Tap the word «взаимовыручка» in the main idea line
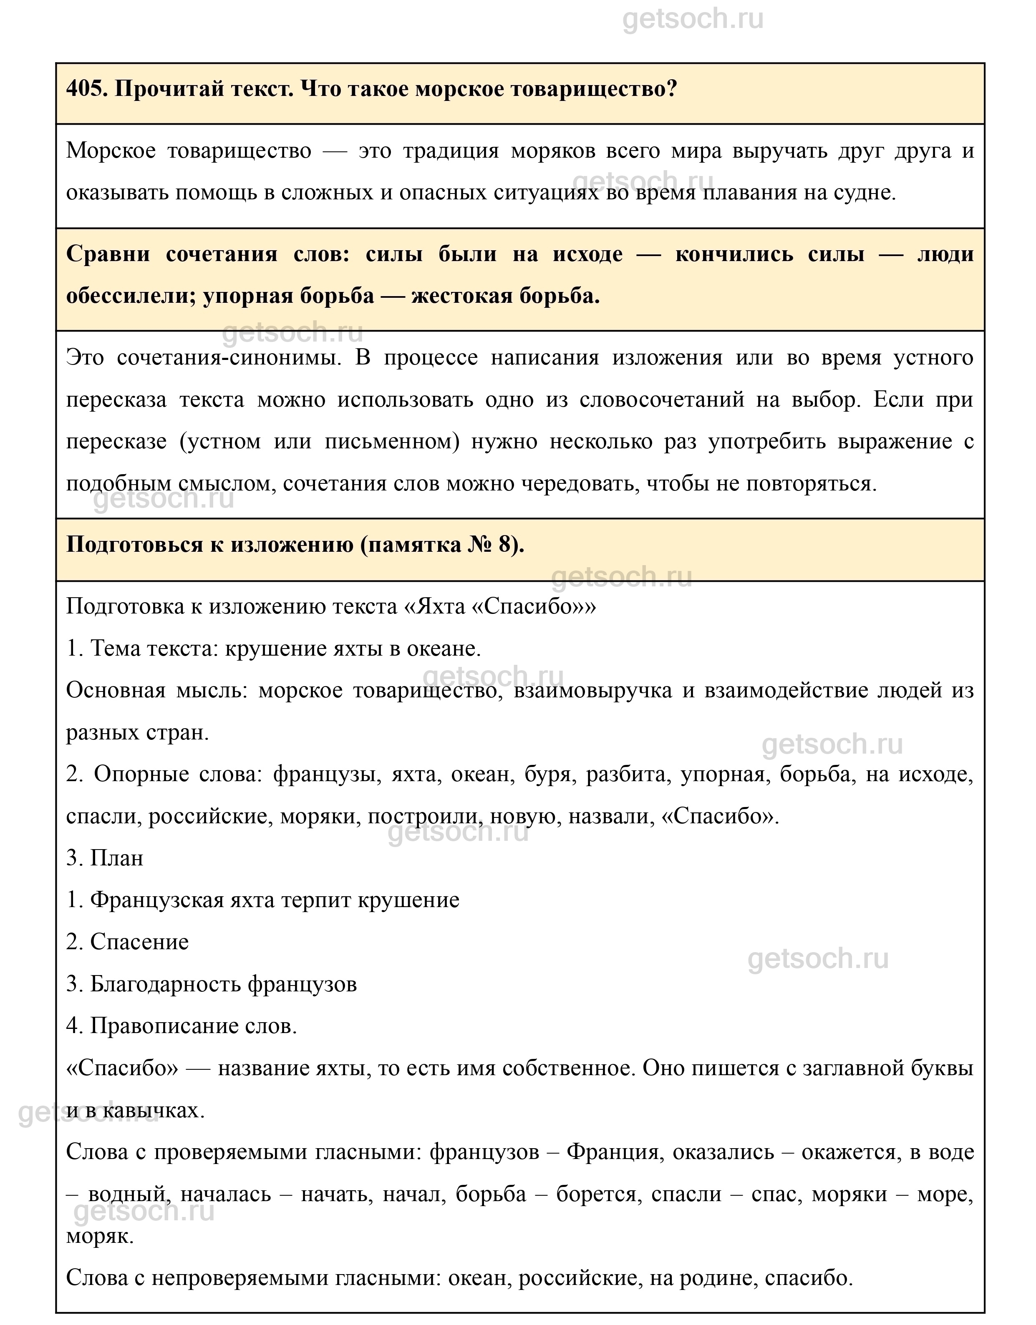pos(593,690)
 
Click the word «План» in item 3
pos(116,858)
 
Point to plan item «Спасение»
pos(139,942)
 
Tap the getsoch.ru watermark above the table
pos(693,20)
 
